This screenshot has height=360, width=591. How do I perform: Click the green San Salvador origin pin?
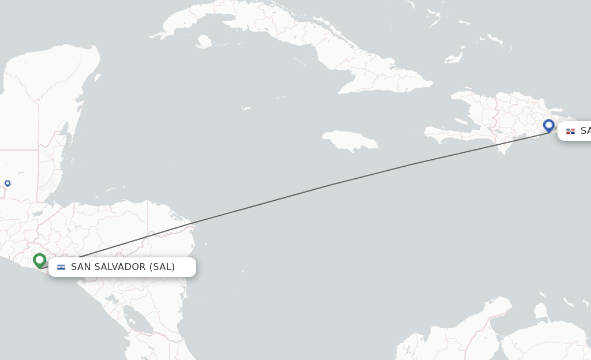[39, 261]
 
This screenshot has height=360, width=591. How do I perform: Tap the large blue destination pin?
[548, 125]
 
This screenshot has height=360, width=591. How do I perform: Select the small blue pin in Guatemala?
[8, 183]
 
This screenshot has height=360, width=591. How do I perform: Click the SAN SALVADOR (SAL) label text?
[123, 267]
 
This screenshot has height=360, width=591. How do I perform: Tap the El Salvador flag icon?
[61, 267]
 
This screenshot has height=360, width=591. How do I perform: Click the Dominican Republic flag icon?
[570, 131]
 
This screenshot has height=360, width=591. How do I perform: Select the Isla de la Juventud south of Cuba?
[203, 42]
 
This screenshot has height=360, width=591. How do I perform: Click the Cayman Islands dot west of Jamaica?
[246, 108]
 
